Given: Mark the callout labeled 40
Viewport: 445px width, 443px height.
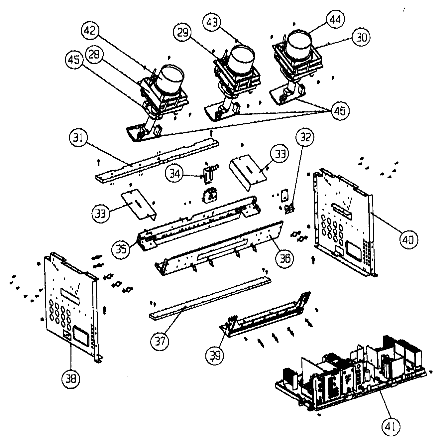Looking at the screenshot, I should click(x=408, y=238).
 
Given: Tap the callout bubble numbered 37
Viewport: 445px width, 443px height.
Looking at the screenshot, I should click(x=160, y=341).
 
